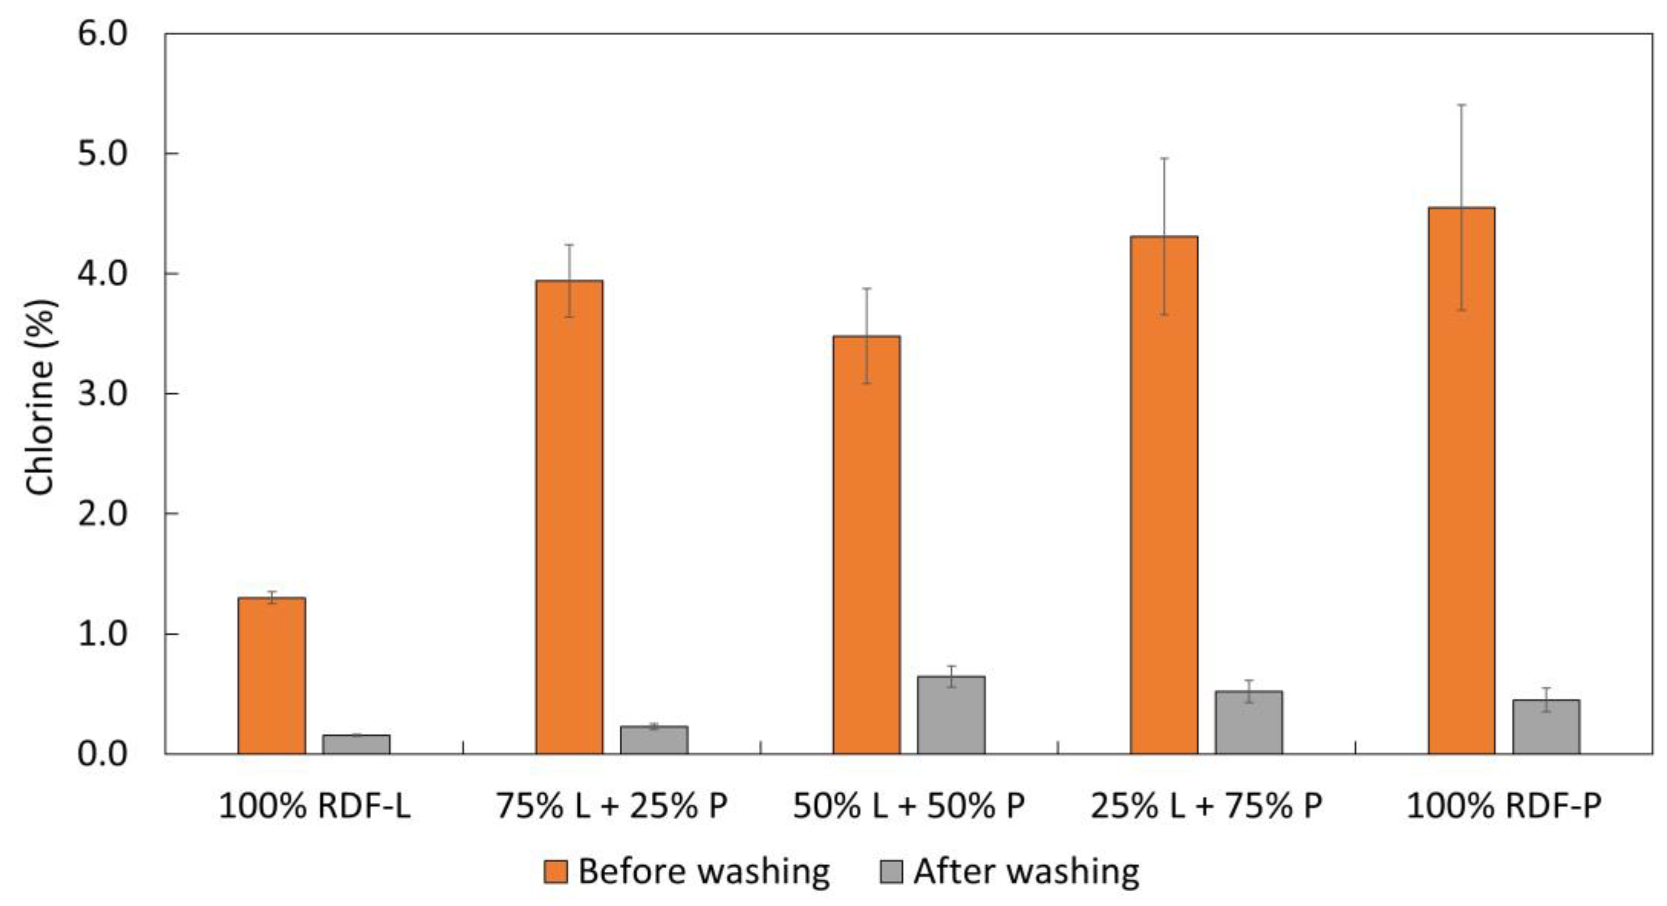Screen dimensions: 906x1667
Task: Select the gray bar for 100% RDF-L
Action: coord(356,744)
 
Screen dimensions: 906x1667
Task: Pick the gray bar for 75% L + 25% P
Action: coord(654,740)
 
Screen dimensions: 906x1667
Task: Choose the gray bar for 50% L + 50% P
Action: coord(951,715)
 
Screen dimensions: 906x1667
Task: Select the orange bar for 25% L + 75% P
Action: coord(1164,495)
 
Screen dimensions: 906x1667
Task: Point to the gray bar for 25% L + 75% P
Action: coord(1248,722)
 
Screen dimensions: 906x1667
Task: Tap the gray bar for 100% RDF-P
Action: coord(1546,727)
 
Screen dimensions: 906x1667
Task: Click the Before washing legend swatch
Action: coord(555,872)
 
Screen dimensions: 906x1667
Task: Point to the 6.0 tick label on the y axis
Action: coord(103,34)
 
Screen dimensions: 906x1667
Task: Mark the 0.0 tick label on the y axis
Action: coord(103,754)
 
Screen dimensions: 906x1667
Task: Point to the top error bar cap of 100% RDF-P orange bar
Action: coord(1461,104)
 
